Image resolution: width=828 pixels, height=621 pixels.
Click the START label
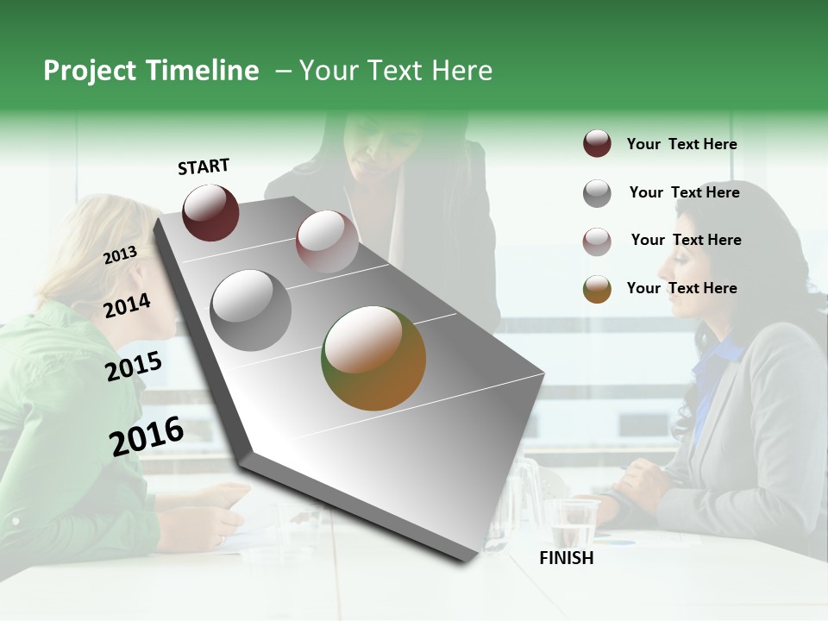point(204,166)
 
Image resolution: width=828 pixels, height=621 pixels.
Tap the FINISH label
point(567,558)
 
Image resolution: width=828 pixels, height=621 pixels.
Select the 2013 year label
point(120,255)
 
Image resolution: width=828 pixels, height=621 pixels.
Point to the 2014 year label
point(127,305)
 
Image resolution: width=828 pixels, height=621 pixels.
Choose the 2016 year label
point(147,436)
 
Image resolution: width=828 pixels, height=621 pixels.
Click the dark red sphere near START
point(210,212)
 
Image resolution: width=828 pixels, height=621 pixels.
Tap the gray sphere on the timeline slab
point(251,310)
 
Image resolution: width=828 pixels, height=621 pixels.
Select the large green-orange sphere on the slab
point(373,358)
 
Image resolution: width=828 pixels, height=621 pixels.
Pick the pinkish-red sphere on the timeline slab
point(327,241)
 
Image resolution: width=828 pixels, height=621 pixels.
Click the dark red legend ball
point(597,144)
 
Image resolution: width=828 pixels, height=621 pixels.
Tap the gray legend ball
point(597,192)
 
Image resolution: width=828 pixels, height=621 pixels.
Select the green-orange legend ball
point(597,289)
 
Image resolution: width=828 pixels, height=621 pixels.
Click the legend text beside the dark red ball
point(681,144)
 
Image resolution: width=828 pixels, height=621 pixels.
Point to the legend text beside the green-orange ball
point(681,288)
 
